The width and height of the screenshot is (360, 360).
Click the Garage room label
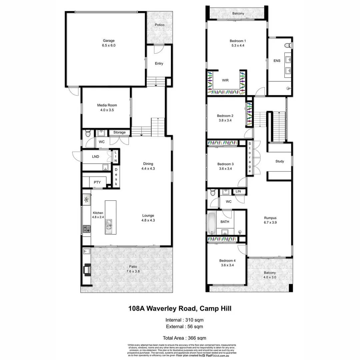(x=109, y=41)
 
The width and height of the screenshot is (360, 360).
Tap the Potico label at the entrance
(x=160, y=25)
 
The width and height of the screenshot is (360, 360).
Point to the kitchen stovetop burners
(x=86, y=229)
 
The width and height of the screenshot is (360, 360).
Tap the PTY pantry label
(x=97, y=182)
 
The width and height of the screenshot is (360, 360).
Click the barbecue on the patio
(x=87, y=269)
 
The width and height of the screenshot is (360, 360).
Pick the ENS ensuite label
(x=277, y=61)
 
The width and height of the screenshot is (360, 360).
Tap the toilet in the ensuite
(x=288, y=45)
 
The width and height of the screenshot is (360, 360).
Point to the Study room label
(x=280, y=161)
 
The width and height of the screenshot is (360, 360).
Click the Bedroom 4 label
(x=227, y=261)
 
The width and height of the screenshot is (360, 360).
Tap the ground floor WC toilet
(x=88, y=133)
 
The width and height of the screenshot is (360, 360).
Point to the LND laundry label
(x=96, y=156)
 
